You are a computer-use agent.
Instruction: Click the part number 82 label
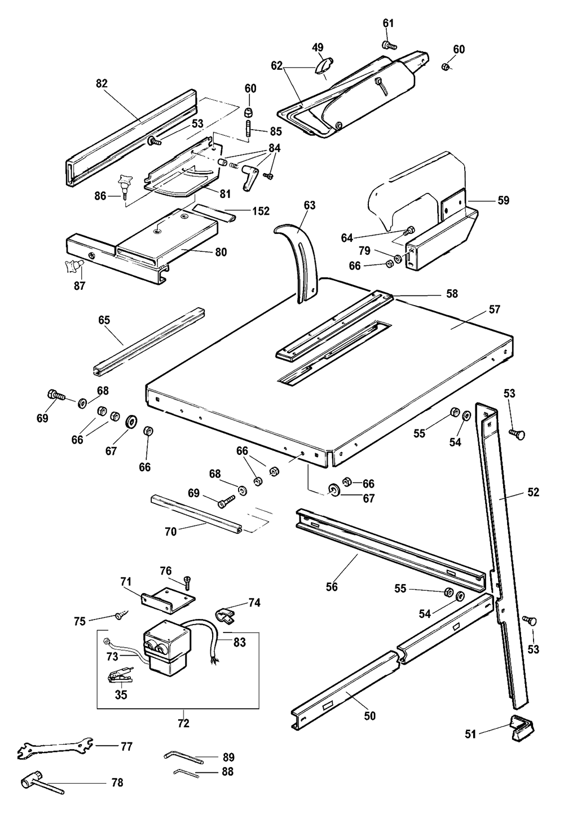(102, 83)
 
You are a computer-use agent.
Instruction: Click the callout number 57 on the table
(495, 309)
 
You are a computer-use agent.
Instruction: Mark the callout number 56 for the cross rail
(332, 587)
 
